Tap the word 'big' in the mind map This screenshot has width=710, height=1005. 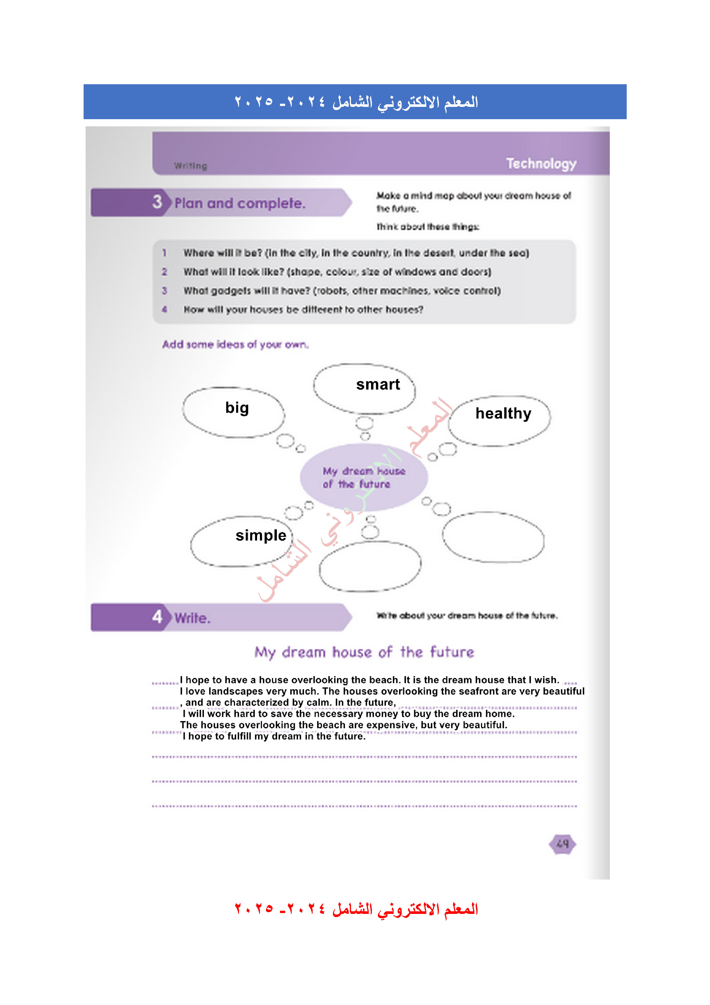[x=237, y=408]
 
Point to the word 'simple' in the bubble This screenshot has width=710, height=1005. [x=261, y=535]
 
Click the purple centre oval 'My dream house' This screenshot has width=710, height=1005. [x=364, y=477]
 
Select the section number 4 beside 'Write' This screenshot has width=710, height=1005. [x=157, y=617]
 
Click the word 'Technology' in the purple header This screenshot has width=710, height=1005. [x=541, y=164]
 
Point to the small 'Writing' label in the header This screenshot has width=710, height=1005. [x=190, y=166]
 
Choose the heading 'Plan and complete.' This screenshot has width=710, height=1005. [x=240, y=203]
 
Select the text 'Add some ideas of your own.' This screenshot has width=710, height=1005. [x=235, y=344]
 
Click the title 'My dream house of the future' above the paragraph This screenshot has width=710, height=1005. [x=364, y=652]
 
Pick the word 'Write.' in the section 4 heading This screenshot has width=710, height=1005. [x=192, y=618]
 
